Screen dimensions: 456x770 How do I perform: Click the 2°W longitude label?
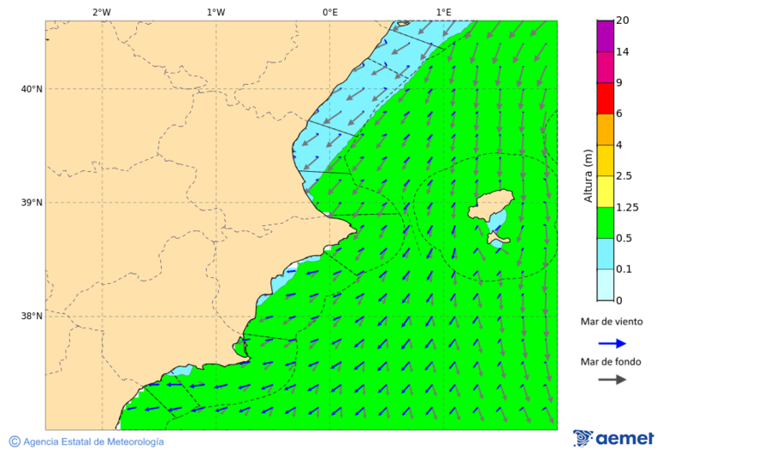(101, 12)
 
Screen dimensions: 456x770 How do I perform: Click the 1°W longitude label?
(216, 12)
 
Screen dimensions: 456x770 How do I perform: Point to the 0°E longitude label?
(329, 12)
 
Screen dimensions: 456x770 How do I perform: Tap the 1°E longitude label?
(443, 12)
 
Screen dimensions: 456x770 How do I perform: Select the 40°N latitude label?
(32, 89)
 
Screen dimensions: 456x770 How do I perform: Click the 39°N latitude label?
(32, 203)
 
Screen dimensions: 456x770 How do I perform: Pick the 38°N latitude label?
(32, 317)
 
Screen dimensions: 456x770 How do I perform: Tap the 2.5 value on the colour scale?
(624, 176)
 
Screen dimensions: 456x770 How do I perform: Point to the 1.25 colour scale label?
(626, 207)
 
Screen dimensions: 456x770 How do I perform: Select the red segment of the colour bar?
(605, 98)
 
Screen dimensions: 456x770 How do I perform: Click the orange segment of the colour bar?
(605, 129)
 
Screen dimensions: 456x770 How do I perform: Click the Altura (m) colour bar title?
(588, 175)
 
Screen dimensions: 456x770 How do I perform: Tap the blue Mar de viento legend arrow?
(612, 343)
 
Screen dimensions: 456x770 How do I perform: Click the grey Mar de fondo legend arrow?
(612, 379)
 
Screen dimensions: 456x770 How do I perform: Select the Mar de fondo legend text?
(611, 362)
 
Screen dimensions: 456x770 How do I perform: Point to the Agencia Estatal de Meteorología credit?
(92, 441)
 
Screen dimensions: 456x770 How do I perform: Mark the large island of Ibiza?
(490, 207)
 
